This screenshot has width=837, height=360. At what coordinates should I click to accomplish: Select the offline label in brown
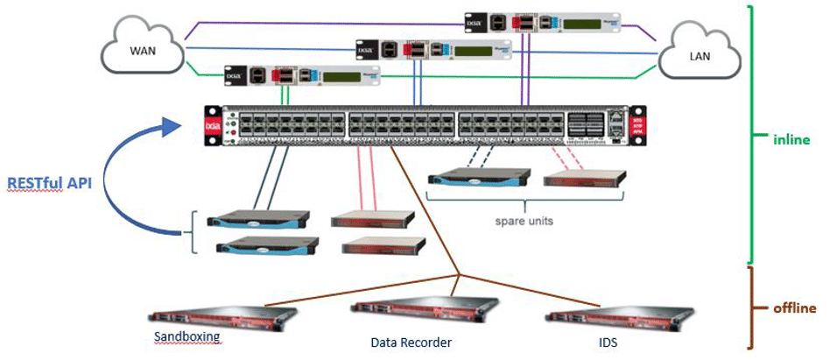pyautogui.click(x=794, y=307)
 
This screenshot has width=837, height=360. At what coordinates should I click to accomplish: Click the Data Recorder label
pyautogui.click(x=399, y=342)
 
